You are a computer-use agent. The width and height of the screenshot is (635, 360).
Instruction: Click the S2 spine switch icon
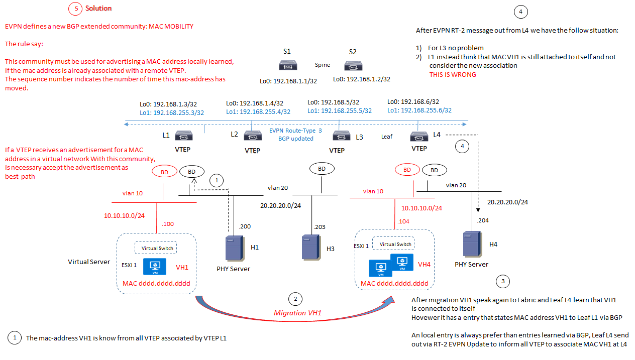pyautogui.click(x=353, y=65)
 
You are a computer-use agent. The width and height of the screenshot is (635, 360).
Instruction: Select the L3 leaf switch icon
pyautogui.click(x=341, y=136)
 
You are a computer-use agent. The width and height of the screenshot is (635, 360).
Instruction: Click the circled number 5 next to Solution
pyautogui.click(x=75, y=9)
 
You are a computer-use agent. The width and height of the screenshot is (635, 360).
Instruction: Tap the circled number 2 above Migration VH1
pyautogui.click(x=296, y=299)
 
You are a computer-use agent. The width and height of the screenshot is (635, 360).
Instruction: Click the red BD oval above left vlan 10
pyautogui.click(x=164, y=172)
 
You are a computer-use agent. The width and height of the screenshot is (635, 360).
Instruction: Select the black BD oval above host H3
pyautogui.click(x=322, y=169)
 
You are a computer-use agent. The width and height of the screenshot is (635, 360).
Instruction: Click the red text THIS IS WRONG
pyautogui.click(x=453, y=74)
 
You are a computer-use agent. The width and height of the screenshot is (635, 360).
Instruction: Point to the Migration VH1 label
pyautogui.click(x=297, y=313)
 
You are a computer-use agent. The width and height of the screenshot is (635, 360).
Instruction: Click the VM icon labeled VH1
pyautogui.click(x=156, y=267)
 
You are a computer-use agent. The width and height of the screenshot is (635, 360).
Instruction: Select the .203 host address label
pyautogui.click(x=320, y=227)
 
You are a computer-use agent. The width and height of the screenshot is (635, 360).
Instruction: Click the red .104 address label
pyautogui.click(x=403, y=221)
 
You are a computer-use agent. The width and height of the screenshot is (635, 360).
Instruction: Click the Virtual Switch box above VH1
pyautogui.click(x=157, y=248)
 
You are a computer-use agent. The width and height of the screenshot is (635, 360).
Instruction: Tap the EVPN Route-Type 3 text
pyautogui.click(x=295, y=131)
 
